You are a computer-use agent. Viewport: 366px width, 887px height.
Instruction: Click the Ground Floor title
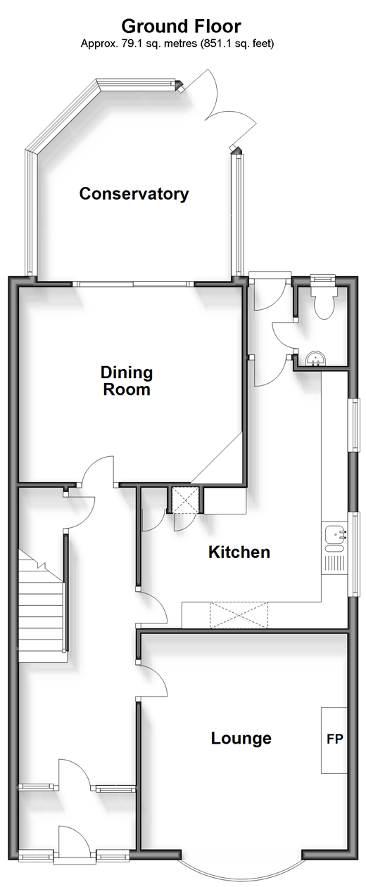[x=181, y=27]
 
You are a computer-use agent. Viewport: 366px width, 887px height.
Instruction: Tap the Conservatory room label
[x=134, y=193]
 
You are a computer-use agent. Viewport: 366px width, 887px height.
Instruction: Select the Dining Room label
[x=127, y=380]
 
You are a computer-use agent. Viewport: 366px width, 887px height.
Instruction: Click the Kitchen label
[x=239, y=552]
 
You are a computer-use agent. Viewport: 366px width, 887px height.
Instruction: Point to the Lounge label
[x=241, y=738]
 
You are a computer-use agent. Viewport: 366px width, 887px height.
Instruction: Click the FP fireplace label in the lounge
[x=334, y=739]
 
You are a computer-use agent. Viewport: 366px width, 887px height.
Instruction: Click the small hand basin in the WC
[x=316, y=358]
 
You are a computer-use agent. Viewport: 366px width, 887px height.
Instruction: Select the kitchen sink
[x=336, y=538]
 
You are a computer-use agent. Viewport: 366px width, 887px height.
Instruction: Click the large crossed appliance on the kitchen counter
[x=239, y=615]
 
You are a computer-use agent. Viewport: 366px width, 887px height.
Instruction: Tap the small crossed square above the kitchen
[x=185, y=500]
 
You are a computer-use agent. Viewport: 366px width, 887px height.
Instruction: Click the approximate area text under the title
[x=177, y=43]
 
